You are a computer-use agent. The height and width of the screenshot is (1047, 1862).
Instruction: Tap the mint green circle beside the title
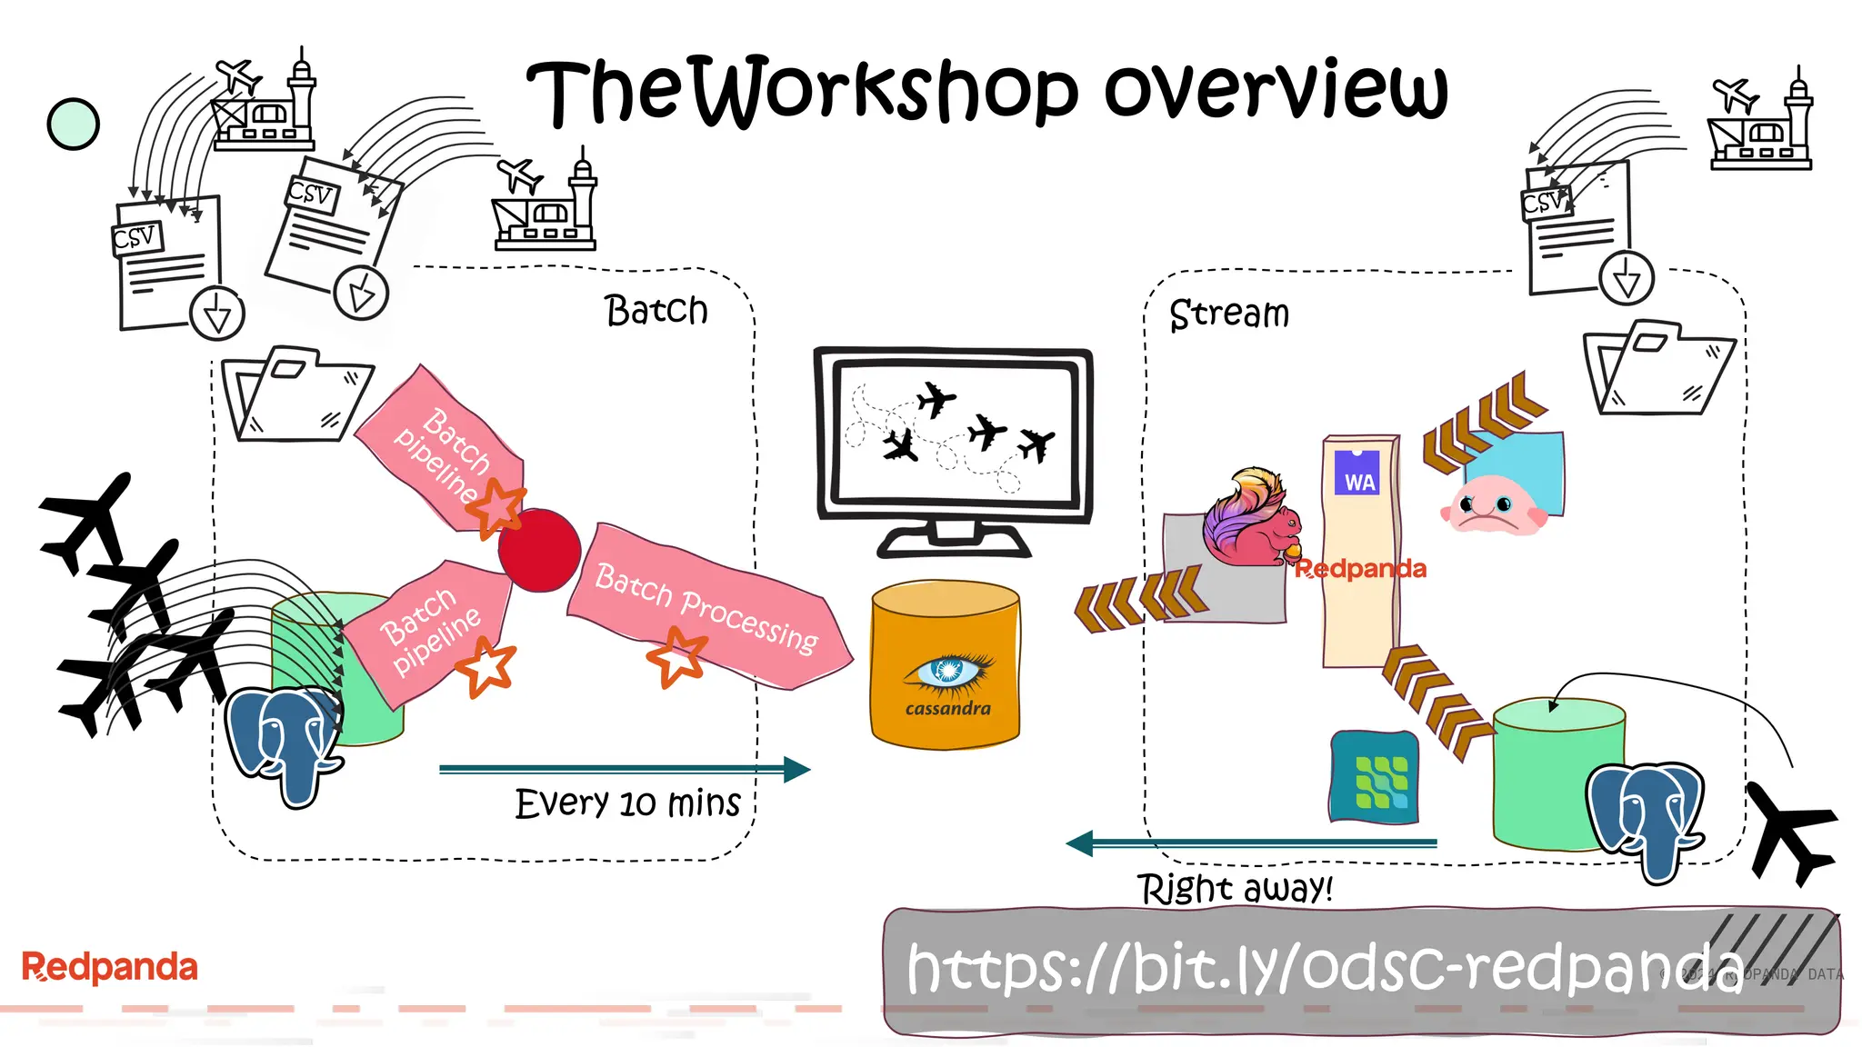[x=73, y=124]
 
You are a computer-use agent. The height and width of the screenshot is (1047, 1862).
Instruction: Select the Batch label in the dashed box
[x=656, y=311]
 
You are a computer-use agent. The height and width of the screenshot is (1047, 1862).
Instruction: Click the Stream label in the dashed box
[x=1228, y=314]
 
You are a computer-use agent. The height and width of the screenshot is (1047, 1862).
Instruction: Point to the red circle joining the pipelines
[x=539, y=550]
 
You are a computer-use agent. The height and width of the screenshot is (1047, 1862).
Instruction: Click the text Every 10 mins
[x=627, y=803]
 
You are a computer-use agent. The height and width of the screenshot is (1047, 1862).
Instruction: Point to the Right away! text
[x=1235, y=888]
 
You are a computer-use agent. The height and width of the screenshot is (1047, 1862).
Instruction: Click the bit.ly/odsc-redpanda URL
[x=1324, y=967]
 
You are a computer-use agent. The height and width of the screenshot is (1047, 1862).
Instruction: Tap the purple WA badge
[x=1357, y=474]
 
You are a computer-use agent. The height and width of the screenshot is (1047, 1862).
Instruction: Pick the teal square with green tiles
[x=1375, y=778]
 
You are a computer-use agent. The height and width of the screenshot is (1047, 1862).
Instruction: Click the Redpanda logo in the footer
[x=109, y=967]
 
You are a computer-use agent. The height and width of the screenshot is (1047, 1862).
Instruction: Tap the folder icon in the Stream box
[x=1658, y=368]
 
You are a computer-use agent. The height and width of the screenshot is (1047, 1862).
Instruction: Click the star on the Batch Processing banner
[x=676, y=656]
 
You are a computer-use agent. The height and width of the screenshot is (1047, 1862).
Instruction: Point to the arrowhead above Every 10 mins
[x=796, y=769]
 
